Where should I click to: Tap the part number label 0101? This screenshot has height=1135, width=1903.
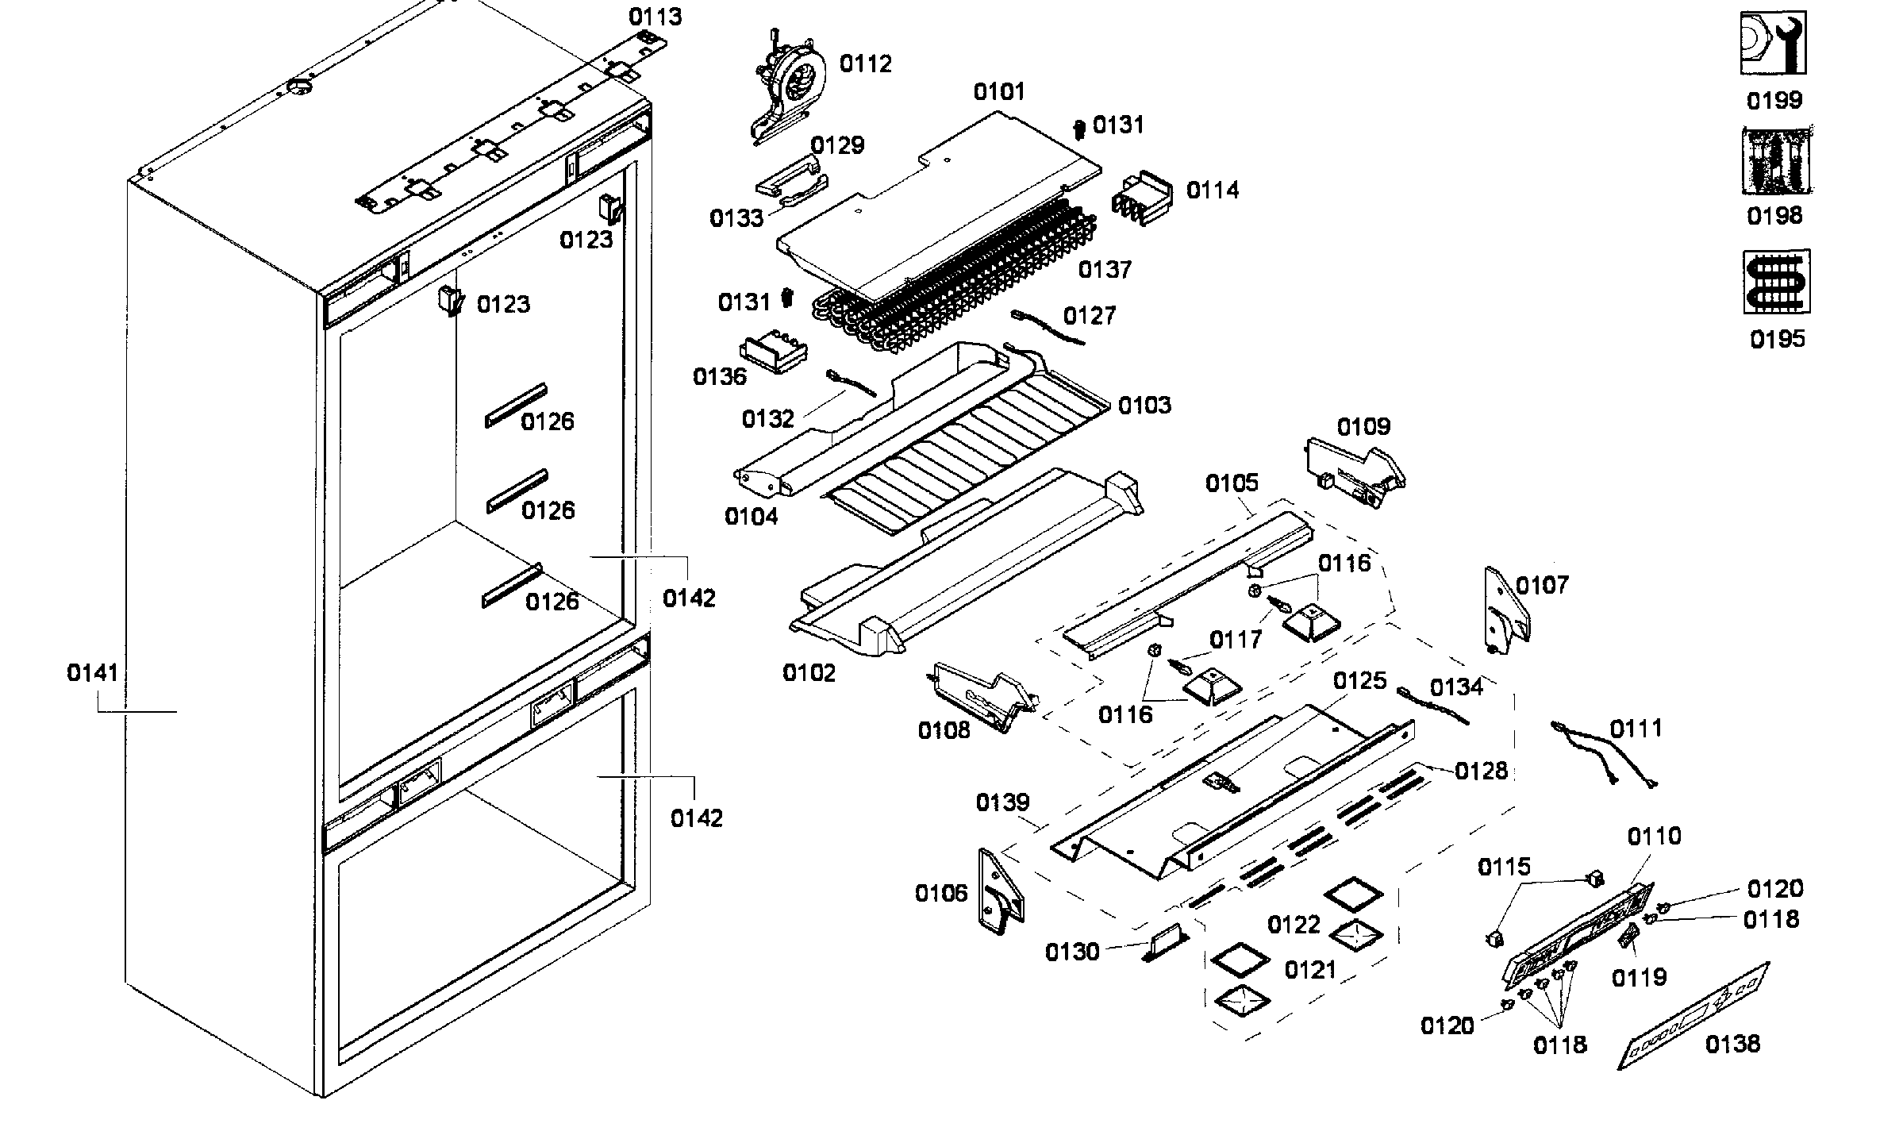pos(999,92)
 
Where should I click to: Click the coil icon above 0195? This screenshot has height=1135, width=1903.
pos(1776,282)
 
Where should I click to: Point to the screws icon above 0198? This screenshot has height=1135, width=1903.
pos(1776,161)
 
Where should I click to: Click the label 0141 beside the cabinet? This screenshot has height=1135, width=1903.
pos(93,673)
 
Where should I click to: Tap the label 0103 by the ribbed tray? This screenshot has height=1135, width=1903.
pos(1144,406)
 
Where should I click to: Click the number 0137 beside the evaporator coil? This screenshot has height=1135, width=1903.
pos(1104,270)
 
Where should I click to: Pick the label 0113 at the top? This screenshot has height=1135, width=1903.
pos(655,17)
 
